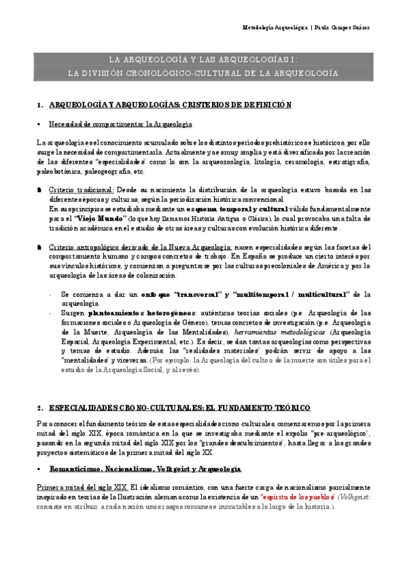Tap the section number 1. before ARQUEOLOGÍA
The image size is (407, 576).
tap(40, 105)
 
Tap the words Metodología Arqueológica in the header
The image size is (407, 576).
tap(275, 28)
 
